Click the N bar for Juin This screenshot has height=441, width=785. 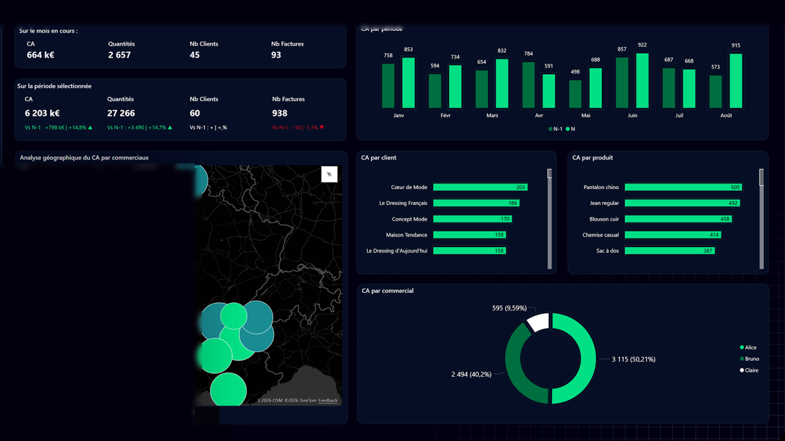pos(642,80)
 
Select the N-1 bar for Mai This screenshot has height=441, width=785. pos(575,94)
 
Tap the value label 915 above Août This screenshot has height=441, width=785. pos(736,45)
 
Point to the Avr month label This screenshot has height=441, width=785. pos(539,115)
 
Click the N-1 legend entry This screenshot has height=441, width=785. pos(555,129)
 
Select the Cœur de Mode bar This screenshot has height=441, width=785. pos(480,187)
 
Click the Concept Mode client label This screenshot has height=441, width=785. pos(409,219)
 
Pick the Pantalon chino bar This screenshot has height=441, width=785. pos(683,187)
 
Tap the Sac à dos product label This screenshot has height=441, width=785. pos(607,251)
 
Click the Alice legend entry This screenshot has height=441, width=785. pos(748,347)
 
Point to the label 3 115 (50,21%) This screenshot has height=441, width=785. pos(634,359)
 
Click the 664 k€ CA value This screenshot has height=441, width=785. pos(41,55)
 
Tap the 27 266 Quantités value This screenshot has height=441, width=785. pos(121,113)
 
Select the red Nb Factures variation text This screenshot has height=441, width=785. pos(298,127)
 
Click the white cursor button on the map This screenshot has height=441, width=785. pos(330,174)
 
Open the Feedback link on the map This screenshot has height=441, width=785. pos(328,401)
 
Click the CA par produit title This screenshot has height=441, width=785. pos(593,158)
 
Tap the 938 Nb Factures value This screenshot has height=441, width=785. pos(279,113)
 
